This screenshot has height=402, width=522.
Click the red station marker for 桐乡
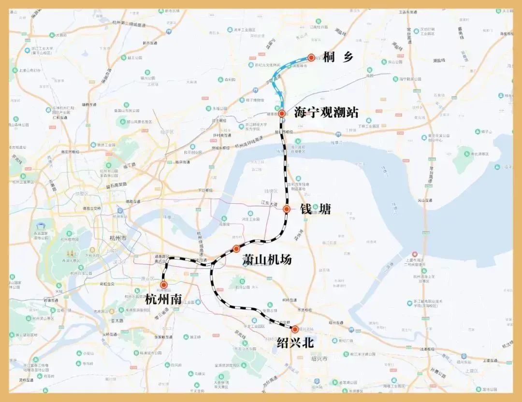(x=312, y=57)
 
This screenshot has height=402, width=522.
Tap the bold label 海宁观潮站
(x=326, y=113)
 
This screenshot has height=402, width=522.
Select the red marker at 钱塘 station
(x=287, y=209)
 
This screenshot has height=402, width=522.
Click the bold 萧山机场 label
(x=267, y=259)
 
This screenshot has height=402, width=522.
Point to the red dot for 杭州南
(x=164, y=285)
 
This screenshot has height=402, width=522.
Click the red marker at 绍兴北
(x=295, y=330)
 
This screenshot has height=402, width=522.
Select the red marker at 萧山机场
(x=236, y=249)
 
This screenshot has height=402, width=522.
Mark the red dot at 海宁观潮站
(x=282, y=113)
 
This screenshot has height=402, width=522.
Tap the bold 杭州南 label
(x=163, y=299)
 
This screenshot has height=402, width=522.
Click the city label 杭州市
(x=118, y=238)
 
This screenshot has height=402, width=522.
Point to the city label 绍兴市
(x=319, y=359)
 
